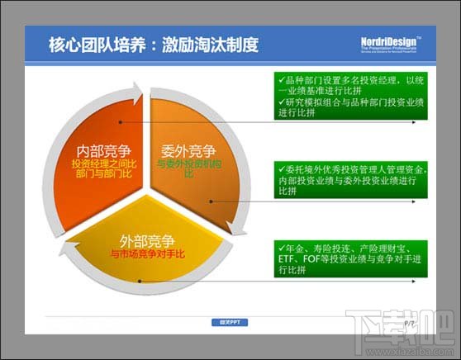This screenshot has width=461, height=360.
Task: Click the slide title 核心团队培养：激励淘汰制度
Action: point(153,45)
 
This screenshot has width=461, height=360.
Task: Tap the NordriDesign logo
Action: point(392,44)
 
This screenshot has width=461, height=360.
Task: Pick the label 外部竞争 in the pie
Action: point(148,241)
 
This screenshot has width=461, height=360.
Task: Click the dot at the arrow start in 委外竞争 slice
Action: point(215,200)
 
